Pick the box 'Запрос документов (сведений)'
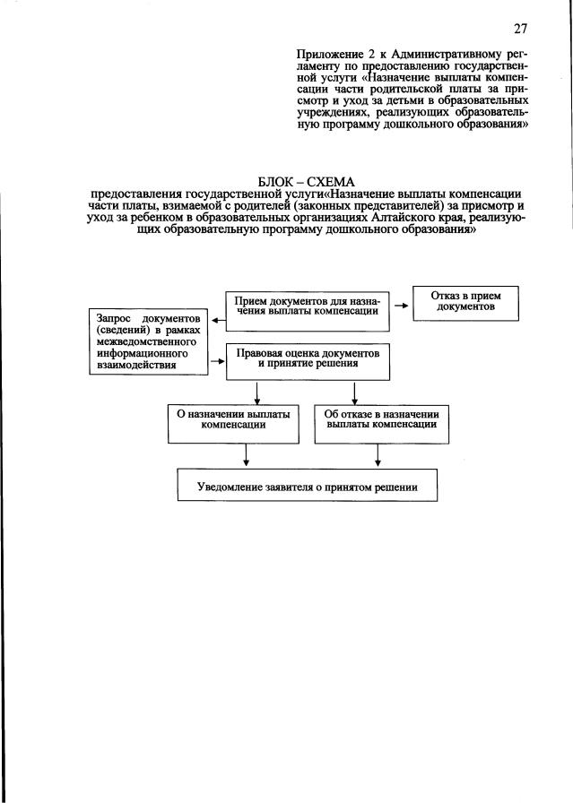point(143,341)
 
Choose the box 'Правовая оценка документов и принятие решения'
point(308,358)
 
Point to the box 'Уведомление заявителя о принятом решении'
point(307,487)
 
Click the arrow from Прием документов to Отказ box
point(400,306)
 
